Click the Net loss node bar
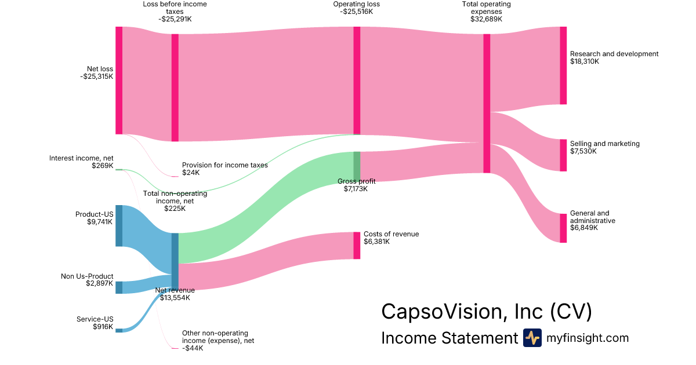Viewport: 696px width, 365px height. pos(119,80)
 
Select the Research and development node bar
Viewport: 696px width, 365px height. pos(563,65)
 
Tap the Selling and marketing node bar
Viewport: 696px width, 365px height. pos(563,155)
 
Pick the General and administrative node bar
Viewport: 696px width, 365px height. pos(563,228)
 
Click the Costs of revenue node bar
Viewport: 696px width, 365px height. pos(357,246)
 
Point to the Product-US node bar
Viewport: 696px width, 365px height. pos(119,225)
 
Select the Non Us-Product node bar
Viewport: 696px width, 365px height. pos(119,287)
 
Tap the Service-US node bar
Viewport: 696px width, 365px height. pos(119,330)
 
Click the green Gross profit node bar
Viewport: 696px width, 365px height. pos(357,166)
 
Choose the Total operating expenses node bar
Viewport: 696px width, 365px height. pos(487,103)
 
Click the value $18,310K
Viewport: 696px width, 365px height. pos(585,61)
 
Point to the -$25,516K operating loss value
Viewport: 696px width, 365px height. pos(356,11)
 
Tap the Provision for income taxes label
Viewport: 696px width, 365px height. pos(225,165)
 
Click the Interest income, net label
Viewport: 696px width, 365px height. pos(81,158)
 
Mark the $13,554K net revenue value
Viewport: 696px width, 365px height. pos(175,298)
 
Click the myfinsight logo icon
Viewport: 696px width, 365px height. pos(532,338)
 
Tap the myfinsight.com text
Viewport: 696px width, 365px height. pos(588,338)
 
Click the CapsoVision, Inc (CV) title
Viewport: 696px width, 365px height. pos(487,312)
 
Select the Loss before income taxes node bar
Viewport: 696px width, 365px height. pos(175,87)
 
